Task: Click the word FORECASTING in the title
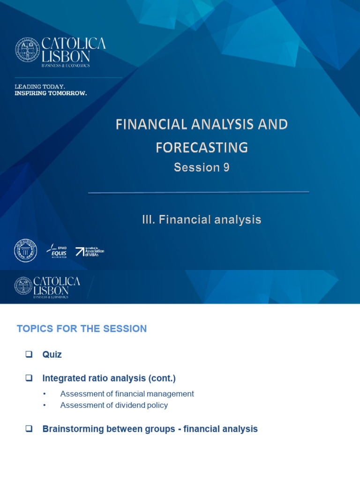[x=202, y=148]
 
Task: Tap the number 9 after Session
[x=226, y=168]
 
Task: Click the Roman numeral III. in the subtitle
[x=150, y=219]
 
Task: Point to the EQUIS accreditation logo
[x=56, y=252]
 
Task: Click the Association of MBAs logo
[x=90, y=252]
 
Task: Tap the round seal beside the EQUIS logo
[x=25, y=250]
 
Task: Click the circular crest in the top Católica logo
[x=28, y=50]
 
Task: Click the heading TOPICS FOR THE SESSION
[x=82, y=329]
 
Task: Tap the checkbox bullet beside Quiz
[x=29, y=354]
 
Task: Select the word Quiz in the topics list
[x=52, y=355]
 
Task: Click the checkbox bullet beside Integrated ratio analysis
[x=29, y=377]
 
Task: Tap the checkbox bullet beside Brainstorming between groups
[x=29, y=428]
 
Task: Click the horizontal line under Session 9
[x=198, y=192]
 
